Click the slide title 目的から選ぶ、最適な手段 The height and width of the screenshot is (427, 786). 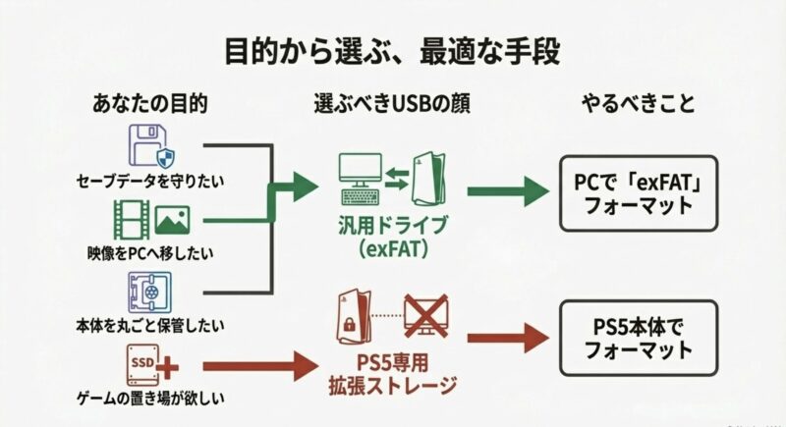[392, 48]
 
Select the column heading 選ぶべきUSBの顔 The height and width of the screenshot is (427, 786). [392, 103]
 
